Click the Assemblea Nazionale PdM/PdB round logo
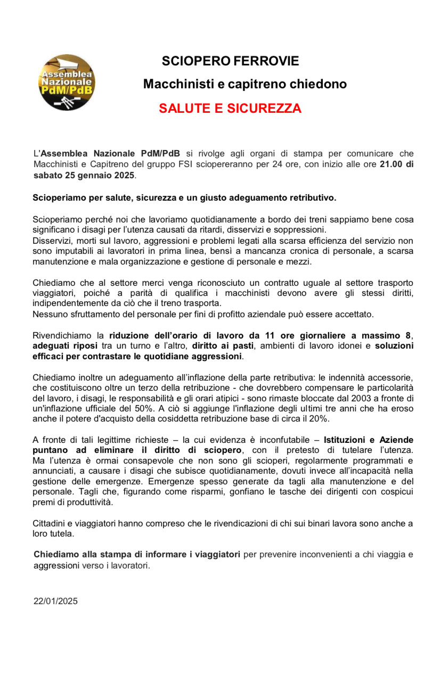[x=67, y=83]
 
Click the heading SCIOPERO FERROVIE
[x=231, y=61]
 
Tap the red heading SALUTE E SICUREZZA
[x=230, y=109]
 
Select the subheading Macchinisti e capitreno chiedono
[x=245, y=84]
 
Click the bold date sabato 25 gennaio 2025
[x=84, y=175]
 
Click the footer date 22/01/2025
[x=55, y=601]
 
